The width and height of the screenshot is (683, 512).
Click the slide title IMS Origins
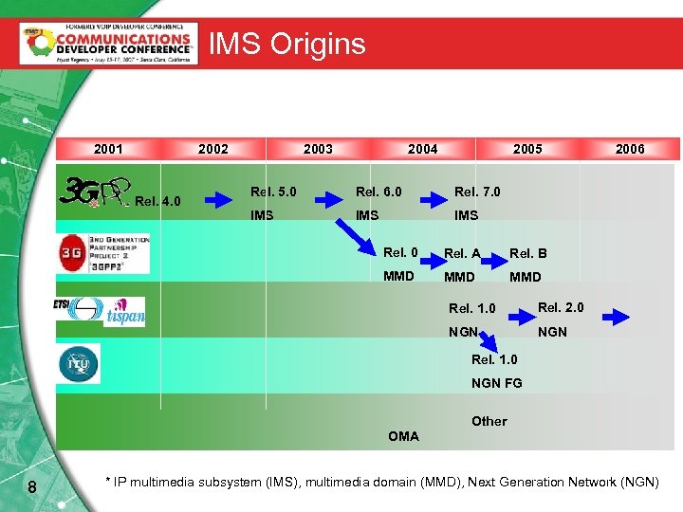coord(286,44)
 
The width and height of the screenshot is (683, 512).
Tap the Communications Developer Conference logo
coord(109,44)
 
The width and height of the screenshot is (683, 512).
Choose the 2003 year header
coord(318,149)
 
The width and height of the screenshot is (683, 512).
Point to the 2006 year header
coord(630,149)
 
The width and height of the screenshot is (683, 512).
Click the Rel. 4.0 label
coord(157,201)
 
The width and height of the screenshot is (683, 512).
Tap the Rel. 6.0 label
coord(378,192)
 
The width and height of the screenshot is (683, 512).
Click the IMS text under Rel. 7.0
coord(466,215)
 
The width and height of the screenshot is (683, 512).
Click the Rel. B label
coord(527,253)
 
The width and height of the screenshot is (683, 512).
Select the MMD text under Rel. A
coord(460,277)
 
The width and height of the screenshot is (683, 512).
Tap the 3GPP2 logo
coord(102,253)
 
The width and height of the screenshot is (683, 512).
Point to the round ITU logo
coord(78,364)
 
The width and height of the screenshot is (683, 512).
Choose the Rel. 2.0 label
coord(561,307)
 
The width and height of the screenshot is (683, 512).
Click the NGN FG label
coord(496,383)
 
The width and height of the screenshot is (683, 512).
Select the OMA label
coord(403,436)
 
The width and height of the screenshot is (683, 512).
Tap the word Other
coord(489,421)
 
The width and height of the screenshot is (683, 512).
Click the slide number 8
coord(31,487)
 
